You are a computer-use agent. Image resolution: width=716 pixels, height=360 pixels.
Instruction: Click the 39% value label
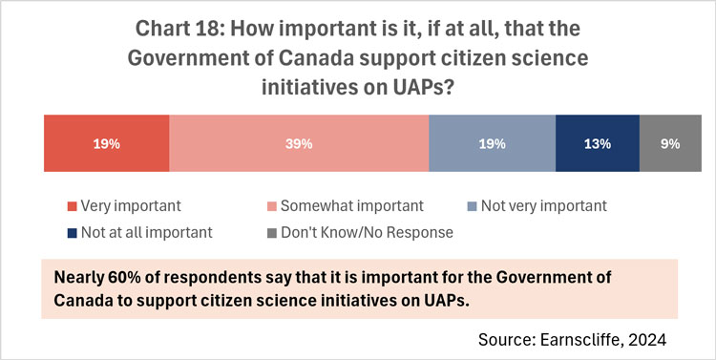click(299, 144)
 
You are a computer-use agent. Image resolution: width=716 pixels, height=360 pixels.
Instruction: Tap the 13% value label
click(597, 144)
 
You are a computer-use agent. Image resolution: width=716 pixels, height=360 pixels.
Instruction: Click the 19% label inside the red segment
click(106, 144)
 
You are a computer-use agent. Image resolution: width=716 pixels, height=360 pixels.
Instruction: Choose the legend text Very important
click(132, 205)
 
